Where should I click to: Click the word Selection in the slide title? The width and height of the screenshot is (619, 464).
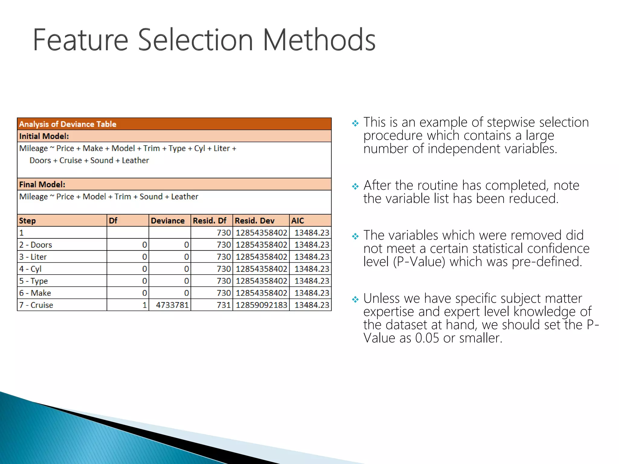coord(195,40)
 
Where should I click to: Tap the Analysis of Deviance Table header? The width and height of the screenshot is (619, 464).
coord(68,124)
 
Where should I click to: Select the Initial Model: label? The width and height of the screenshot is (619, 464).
coord(44,136)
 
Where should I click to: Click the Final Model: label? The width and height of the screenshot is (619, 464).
coord(42,185)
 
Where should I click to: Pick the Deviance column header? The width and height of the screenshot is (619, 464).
coord(168,221)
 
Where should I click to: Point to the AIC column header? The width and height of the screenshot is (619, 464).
coord(298,221)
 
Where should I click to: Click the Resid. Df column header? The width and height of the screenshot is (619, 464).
coord(209,221)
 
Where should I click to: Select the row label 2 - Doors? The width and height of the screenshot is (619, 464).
coord(36,245)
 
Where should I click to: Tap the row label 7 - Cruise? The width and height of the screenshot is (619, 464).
coord(36,305)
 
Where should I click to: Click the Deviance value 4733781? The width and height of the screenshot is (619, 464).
coord(172,305)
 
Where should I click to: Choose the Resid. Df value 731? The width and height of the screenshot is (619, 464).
coord(224,305)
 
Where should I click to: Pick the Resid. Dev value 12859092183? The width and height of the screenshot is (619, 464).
coord(261,305)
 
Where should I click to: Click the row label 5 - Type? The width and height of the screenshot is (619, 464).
coord(34,281)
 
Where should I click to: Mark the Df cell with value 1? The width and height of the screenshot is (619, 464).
coord(144,305)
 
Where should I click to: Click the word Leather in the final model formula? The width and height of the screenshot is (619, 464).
coord(185,197)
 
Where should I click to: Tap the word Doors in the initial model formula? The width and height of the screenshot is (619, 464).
coord(40,160)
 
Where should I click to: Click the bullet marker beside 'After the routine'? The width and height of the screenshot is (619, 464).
coord(355,186)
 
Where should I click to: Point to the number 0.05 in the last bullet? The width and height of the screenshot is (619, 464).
coord(427,338)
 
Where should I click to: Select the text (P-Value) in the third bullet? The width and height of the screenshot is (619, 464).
coord(419,262)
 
